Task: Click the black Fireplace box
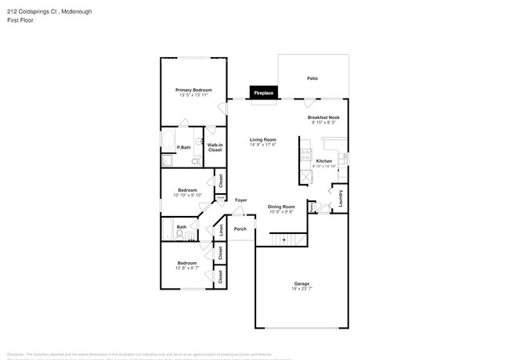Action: [x=263, y=93]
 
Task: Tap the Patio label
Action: [x=312, y=79]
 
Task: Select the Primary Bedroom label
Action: [x=193, y=90]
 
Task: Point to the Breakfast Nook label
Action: [x=323, y=117]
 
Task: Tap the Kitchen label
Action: [x=323, y=160]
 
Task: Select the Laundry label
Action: [x=341, y=198]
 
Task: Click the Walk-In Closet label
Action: [x=215, y=147]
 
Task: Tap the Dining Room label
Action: [x=281, y=207]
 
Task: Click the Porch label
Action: [x=240, y=229]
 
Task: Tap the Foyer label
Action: [x=240, y=200]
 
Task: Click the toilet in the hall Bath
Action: [x=180, y=232]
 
